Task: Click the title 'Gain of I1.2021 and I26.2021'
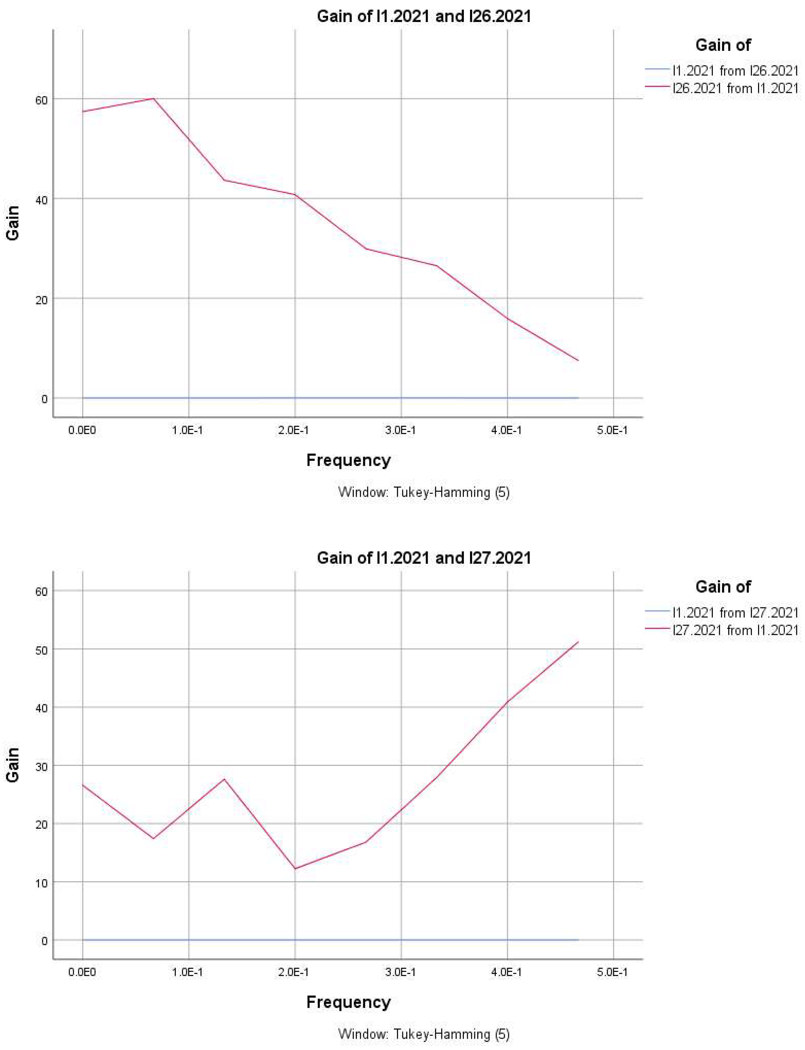[x=424, y=17]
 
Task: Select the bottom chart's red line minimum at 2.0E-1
[x=295, y=868]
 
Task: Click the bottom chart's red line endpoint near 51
[x=578, y=642]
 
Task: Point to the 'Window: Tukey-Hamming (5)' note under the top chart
[x=424, y=492]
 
